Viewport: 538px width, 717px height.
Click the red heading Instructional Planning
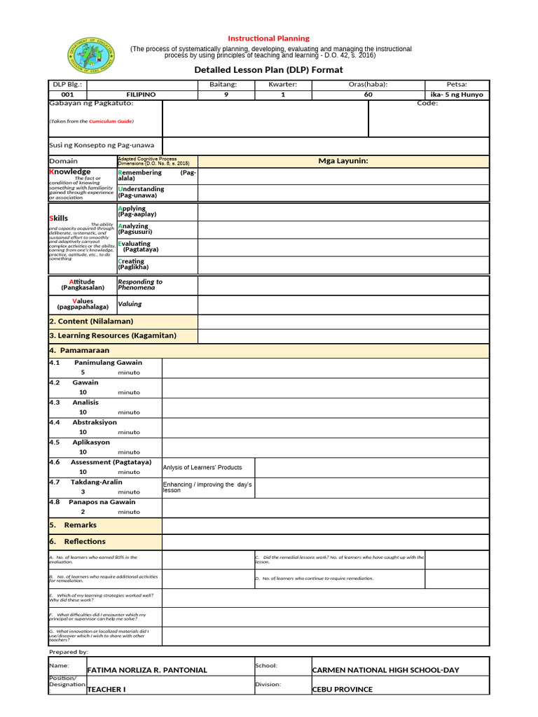coord(269,38)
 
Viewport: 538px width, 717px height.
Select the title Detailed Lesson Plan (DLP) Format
coord(268,70)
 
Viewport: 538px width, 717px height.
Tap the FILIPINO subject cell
coord(141,94)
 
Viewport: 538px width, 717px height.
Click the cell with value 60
coord(368,94)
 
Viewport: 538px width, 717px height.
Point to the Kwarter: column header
coord(282,84)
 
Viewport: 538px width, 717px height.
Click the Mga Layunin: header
coord(343,161)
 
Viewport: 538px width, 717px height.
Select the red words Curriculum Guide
coord(110,121)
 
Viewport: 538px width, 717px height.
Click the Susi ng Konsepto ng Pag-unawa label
coord(101,146)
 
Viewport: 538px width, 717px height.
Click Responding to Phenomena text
coord(140,284)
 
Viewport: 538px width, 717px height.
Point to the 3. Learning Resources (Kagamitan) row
coord(112,335)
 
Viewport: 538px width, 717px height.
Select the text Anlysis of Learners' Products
coord(202,467)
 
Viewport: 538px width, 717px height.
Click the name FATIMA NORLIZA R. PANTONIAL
coord(147,670)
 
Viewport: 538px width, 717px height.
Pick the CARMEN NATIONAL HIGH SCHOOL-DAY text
coord(385,670)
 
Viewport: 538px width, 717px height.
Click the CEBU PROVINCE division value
coord(342,689)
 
